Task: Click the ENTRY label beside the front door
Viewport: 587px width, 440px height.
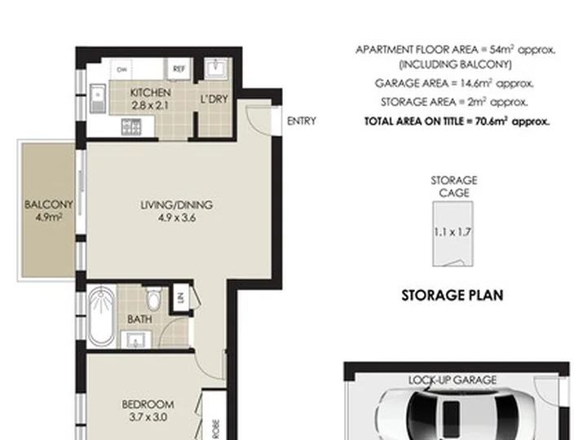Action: click(302, 121)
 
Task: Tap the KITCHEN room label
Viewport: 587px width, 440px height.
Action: click(151, 92)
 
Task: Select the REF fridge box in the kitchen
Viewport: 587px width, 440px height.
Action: click(179, 68)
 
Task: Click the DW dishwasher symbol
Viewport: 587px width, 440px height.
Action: click(121, 69)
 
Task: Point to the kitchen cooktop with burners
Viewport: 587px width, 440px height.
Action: click(131, 127)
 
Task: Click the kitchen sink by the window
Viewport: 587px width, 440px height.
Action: click(98, 99)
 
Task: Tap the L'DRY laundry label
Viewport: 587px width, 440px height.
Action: click(214, 99)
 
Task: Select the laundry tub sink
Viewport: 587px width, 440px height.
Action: click(216, 68)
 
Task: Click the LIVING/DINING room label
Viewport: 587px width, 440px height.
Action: click(177, 205)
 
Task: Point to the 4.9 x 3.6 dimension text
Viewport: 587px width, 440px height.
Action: click(177, 218)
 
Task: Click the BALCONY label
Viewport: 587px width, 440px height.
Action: click(48, 205)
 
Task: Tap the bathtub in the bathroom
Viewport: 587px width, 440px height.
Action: click(102, 316)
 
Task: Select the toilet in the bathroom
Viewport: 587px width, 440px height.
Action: click(154, 298)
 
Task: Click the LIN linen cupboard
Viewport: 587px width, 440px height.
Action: click(181, 297)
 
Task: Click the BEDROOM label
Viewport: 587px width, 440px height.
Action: click(148, 404)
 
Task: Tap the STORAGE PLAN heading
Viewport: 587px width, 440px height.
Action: click(452, 296)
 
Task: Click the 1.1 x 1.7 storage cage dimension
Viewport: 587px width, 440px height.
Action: click(452, 232)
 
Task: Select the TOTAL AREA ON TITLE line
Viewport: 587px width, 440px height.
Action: click(457, 121)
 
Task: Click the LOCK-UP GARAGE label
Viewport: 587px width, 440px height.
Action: click(452, 381)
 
